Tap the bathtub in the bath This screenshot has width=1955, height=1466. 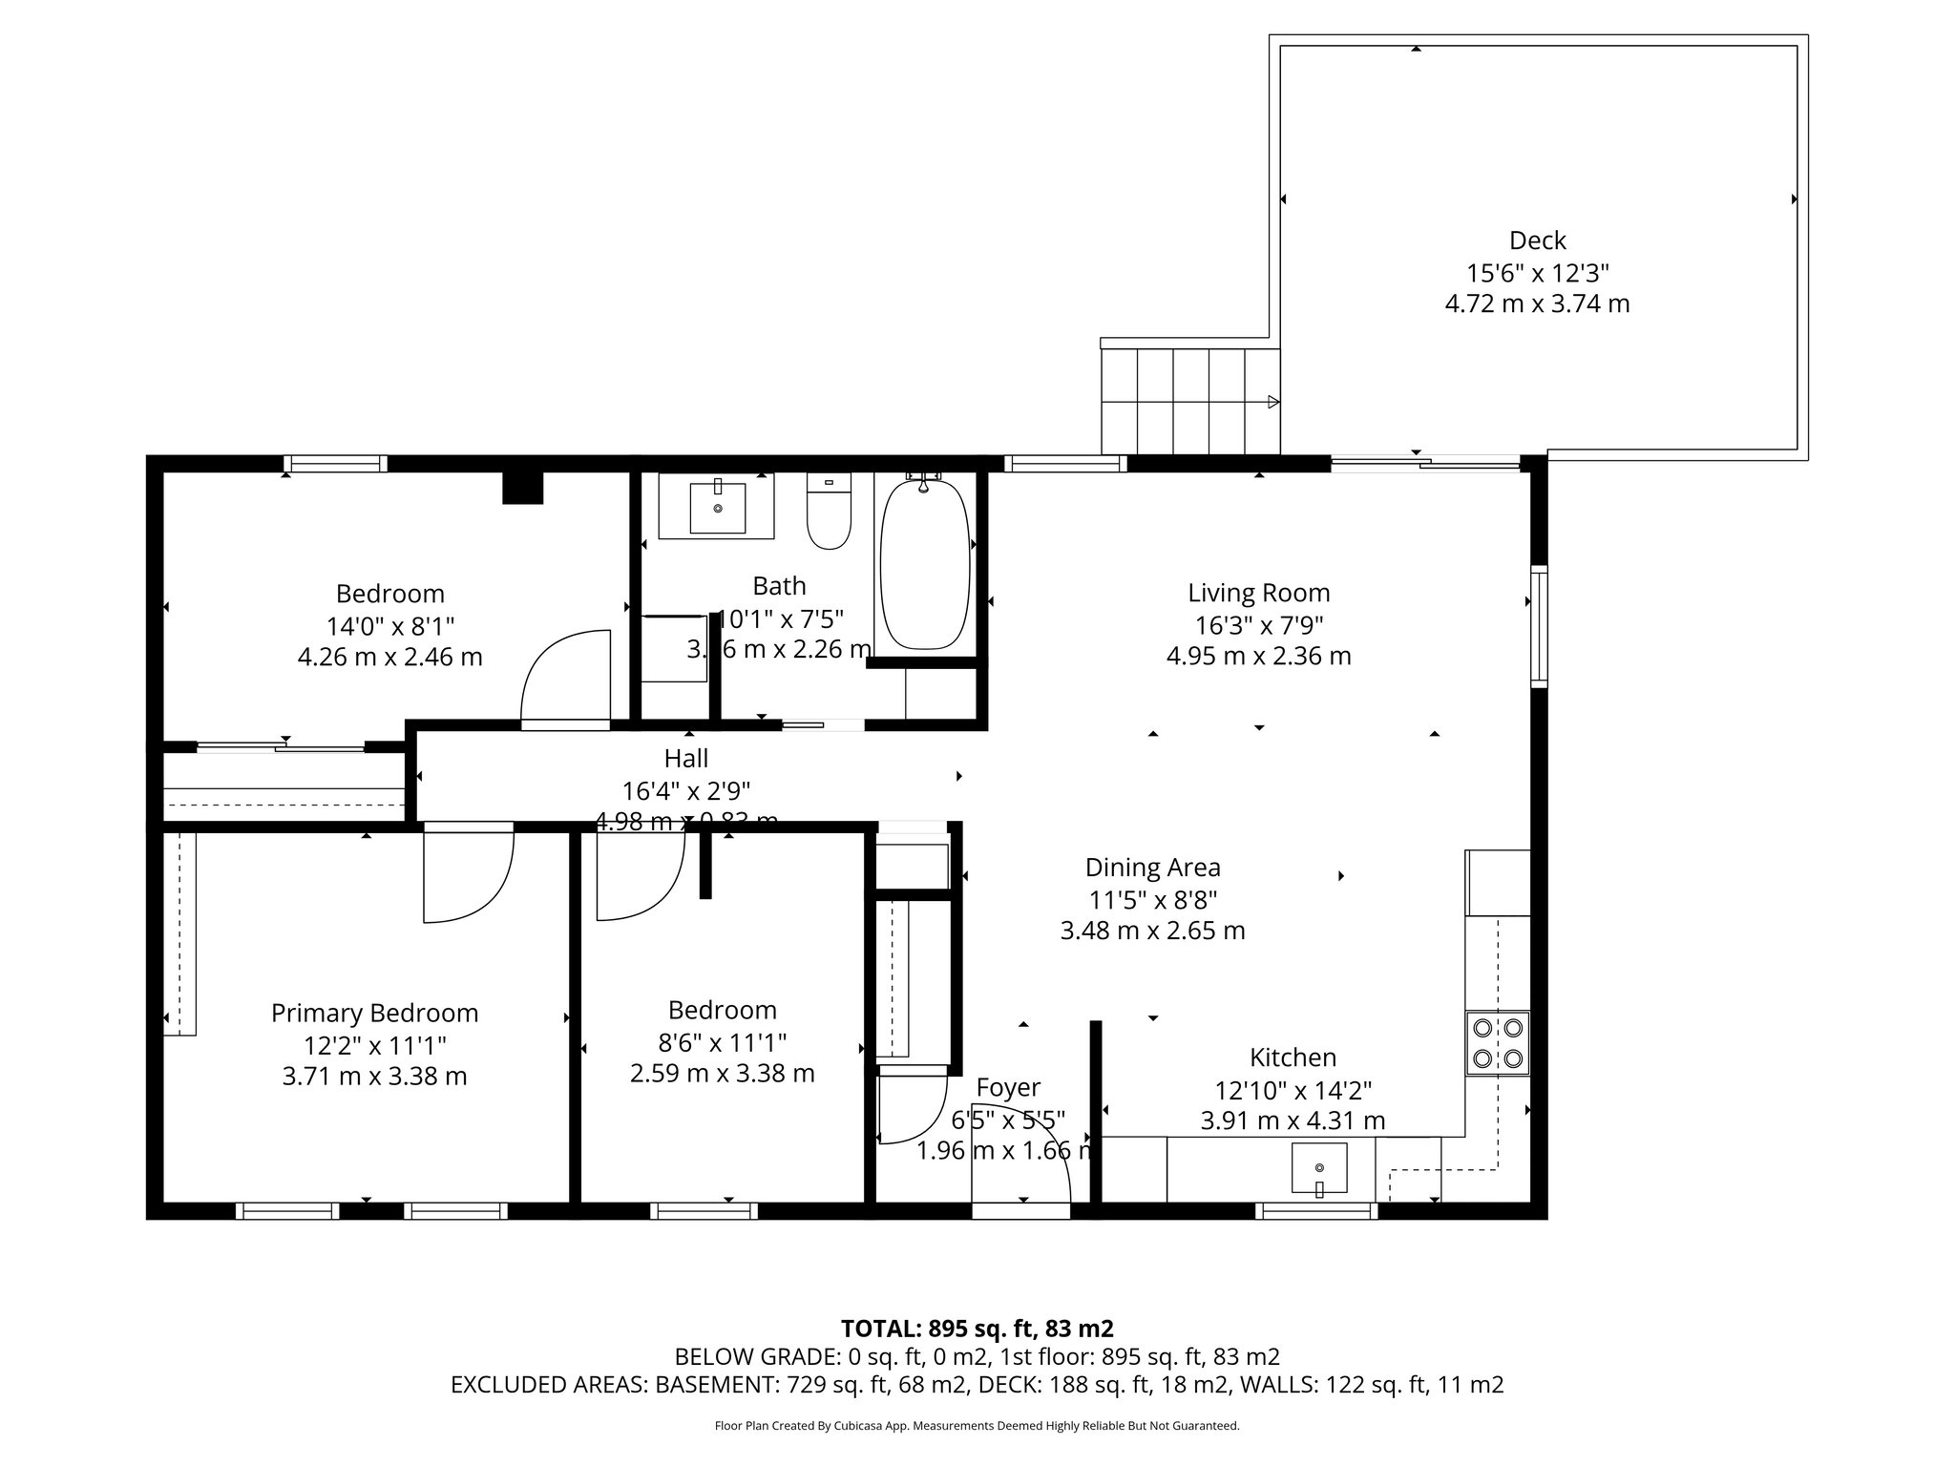pyautogui.click(x=924, y=565)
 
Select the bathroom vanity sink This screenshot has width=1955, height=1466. pyautogui.click(x=717, y=507)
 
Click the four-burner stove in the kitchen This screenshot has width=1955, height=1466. pyautogui.click(x=1498, y=1043)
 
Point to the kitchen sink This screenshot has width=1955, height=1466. pyautogui.click(x=1319, y=1168)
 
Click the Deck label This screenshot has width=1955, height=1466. pyautogui.click(x=1537, y=241)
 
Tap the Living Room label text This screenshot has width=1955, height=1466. pyautogui.click(x=1258, y=593)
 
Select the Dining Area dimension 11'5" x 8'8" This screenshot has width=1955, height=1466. pyautogui.click(x=1152, y=899)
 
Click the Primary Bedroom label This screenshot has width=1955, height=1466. pyautogui.click(x=374, y=1013)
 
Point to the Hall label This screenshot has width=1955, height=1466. pyautogui.click(x=686, y=759)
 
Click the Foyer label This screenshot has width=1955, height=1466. pyautogui.click(x=1008, y=1088)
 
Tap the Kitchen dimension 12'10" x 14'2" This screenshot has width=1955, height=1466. pyautogui.click(x=1293, y=1090)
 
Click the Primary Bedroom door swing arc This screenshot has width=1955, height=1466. pyautogui.click(x=477, y=888)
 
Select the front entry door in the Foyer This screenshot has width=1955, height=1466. pyautogui.click(x=1021, y=1210)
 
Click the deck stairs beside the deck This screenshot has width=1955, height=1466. pyautogui.click(x=1189, y=401)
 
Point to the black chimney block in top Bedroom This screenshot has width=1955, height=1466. pyautogui.click(x=522, y=488)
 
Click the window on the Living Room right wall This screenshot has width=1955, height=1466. pyautogui.click(x=1538, y=626)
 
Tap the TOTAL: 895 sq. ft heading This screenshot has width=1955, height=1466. pyautogui.click(x=977, y=1329)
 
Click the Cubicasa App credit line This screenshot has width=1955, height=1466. pyautogui.click(x=977, y=1426)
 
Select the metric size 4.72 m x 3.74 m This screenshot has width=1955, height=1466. pyautogui.click(x=1537, y=304)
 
